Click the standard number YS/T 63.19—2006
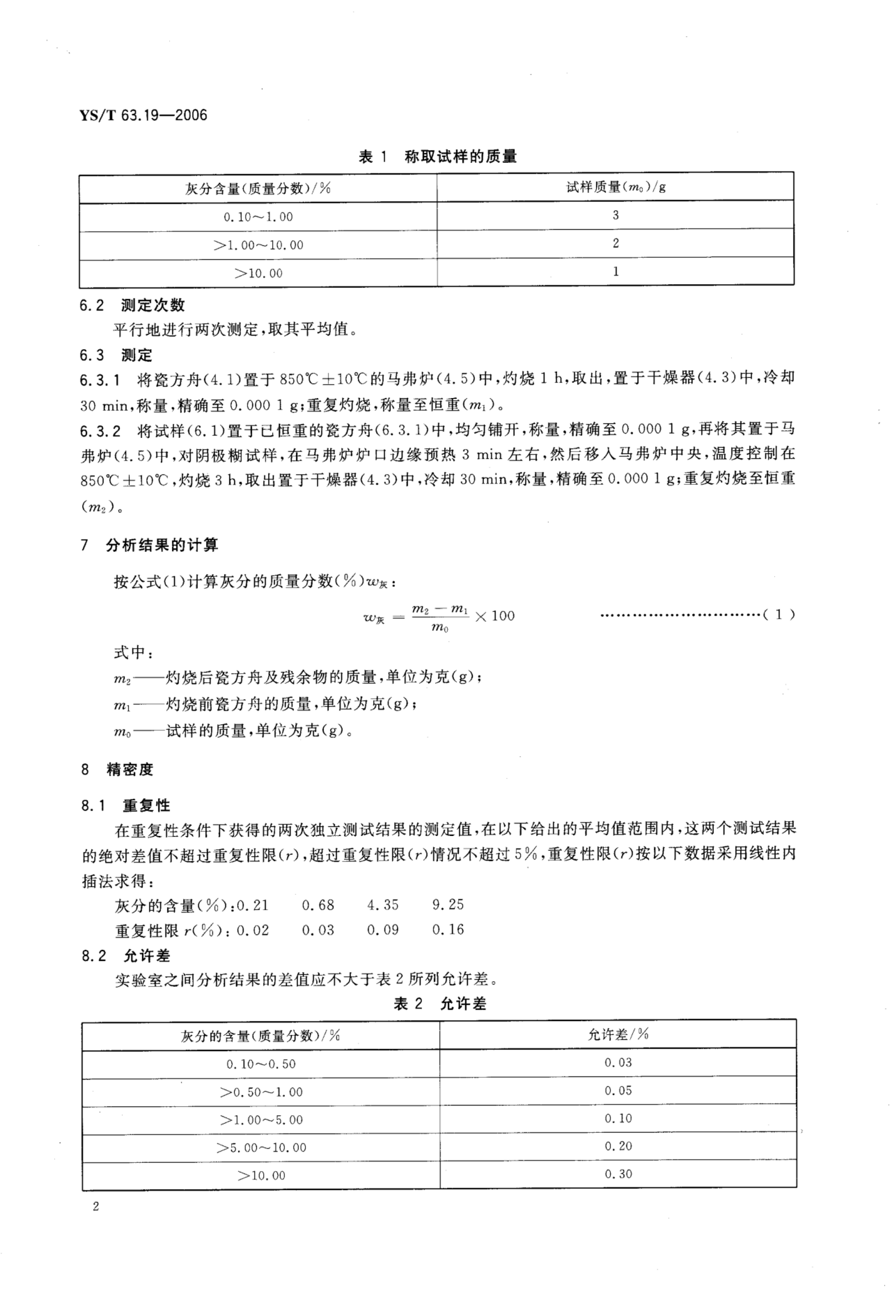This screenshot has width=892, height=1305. (143, 116)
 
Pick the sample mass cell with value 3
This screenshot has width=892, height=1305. (616, 215)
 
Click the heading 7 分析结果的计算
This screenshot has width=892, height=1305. (149, 545)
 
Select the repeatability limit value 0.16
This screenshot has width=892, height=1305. (448, 929)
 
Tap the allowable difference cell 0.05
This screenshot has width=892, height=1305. (618, 1091)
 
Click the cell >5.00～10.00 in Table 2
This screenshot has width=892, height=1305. (261, 1147)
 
